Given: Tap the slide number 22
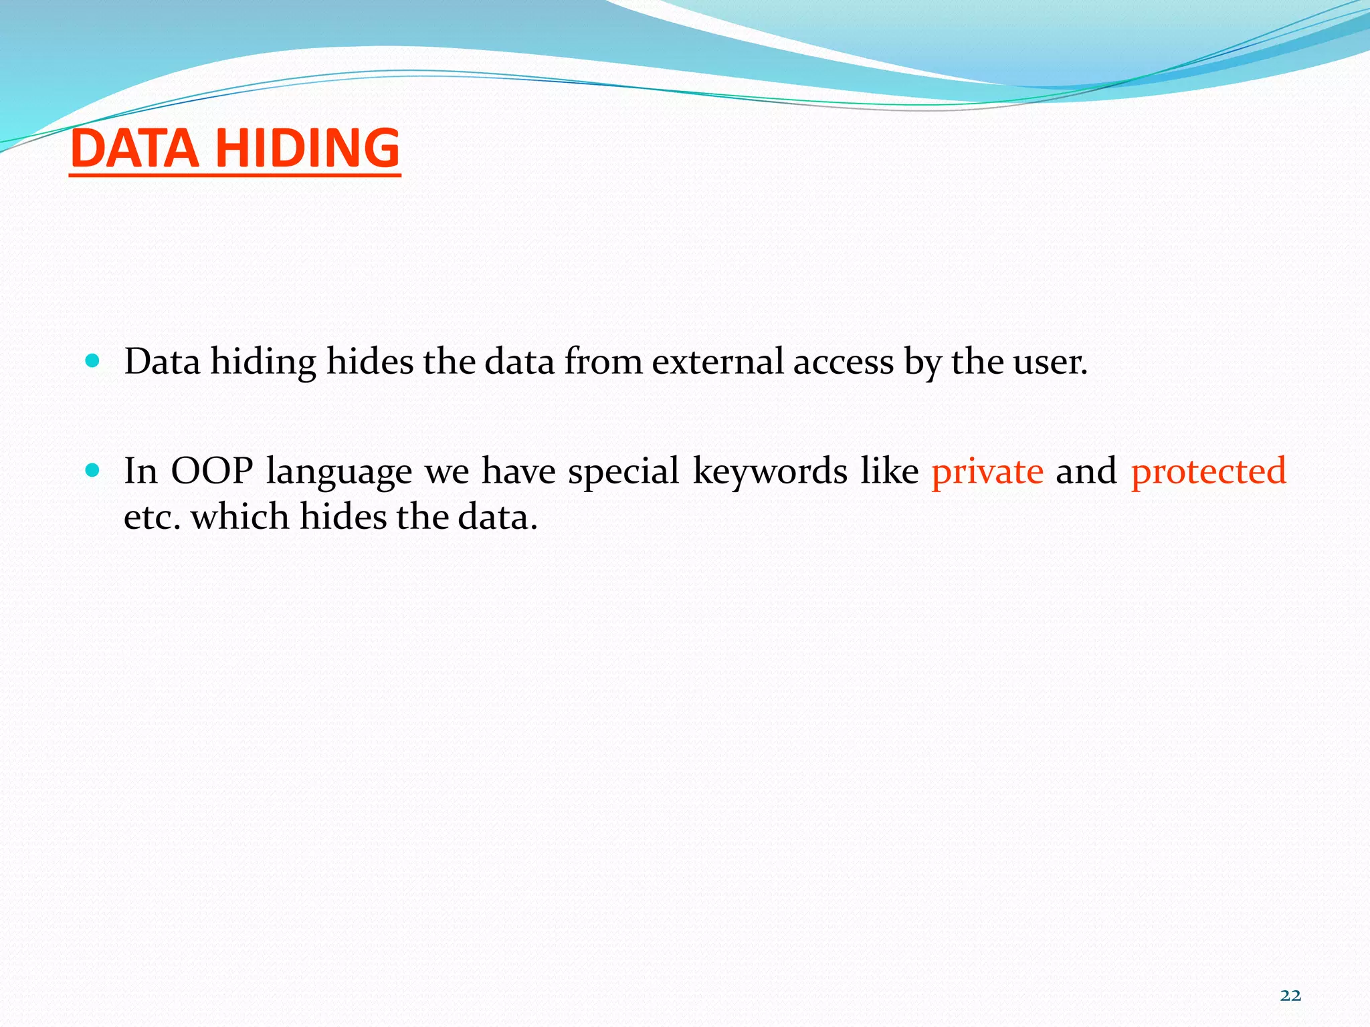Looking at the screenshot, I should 1290,996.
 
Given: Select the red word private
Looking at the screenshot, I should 987,471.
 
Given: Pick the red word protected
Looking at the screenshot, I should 1208,471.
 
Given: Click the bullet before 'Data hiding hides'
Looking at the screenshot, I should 93,362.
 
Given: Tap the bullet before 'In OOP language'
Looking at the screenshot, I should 93,471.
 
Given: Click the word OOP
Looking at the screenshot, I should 211,471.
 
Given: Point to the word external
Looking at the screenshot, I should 718,362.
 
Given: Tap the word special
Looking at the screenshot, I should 623,471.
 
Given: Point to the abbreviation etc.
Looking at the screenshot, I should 152,517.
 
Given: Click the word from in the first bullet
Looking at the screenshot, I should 603,362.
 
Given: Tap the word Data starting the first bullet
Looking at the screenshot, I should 163,362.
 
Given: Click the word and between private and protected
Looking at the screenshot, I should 1086,471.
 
